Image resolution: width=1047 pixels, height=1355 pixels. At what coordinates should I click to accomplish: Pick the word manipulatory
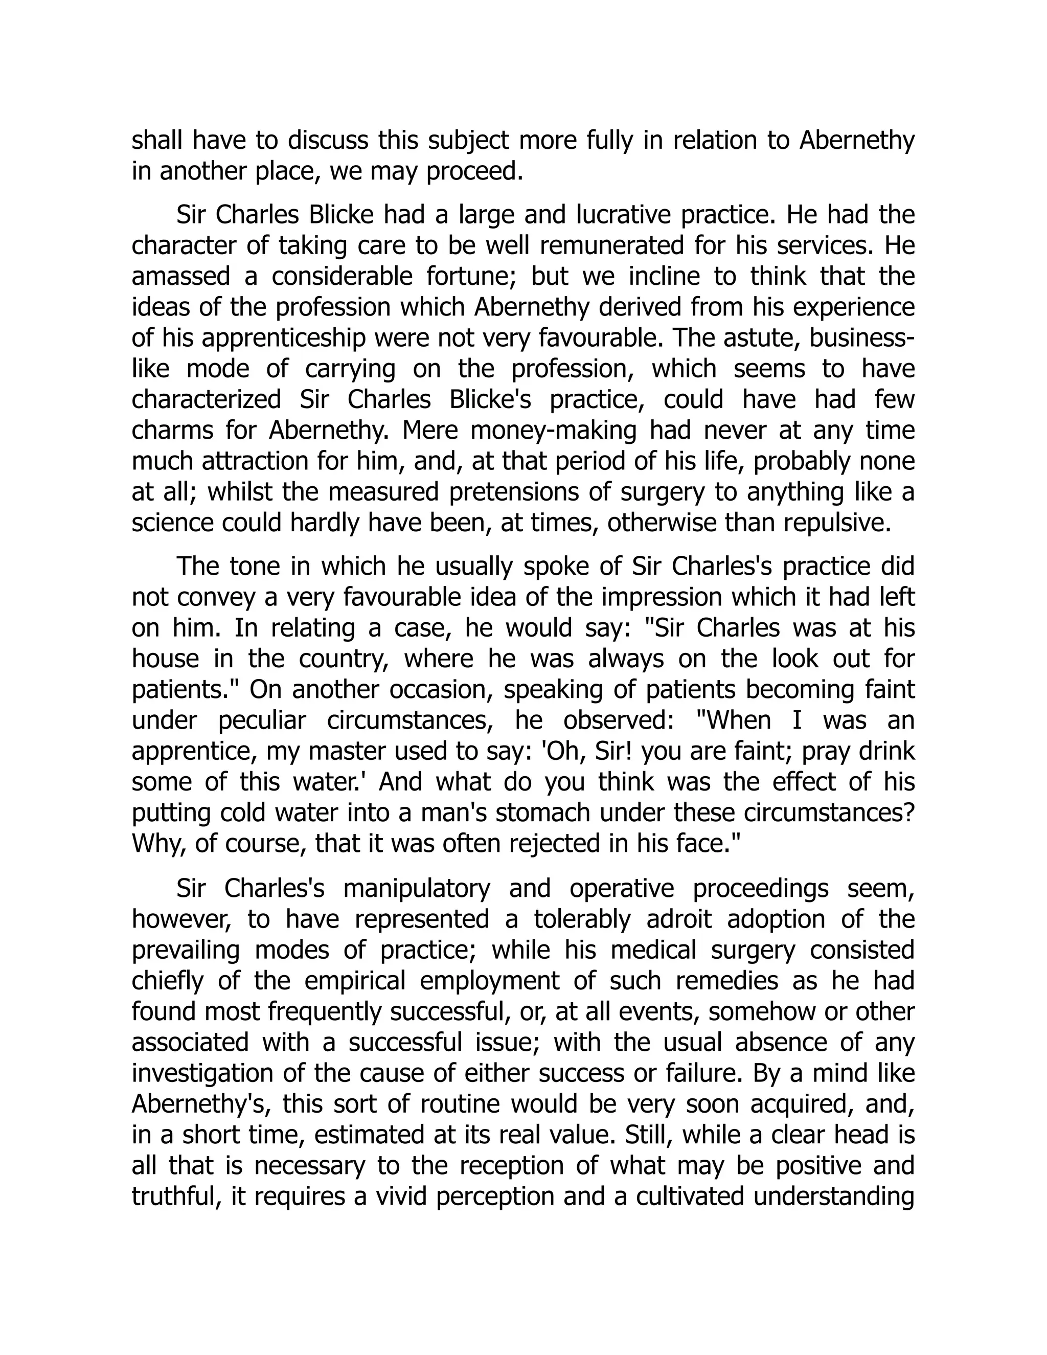tap(416, 889)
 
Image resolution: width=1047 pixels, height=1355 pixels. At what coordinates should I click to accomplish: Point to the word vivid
tap(399, 1196)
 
